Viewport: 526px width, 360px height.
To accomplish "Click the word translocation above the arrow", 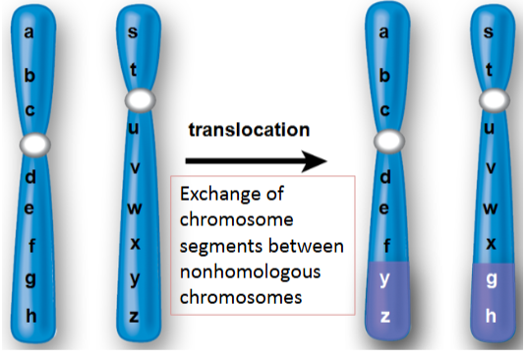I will (249, 129).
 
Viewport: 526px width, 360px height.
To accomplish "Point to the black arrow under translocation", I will (255, 159).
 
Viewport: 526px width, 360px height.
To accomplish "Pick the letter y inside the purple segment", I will (385, 282).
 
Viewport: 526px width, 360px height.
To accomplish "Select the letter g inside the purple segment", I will (489, 280).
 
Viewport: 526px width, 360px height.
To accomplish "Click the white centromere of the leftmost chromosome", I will (35, 144).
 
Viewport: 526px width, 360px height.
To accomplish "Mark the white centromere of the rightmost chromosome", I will (489, 101).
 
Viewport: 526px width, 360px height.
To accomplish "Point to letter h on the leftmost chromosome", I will (30, 316).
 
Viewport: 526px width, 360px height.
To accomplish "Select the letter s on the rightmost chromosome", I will (489, 34).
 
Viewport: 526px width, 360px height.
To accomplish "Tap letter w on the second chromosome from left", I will (136, 208).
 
